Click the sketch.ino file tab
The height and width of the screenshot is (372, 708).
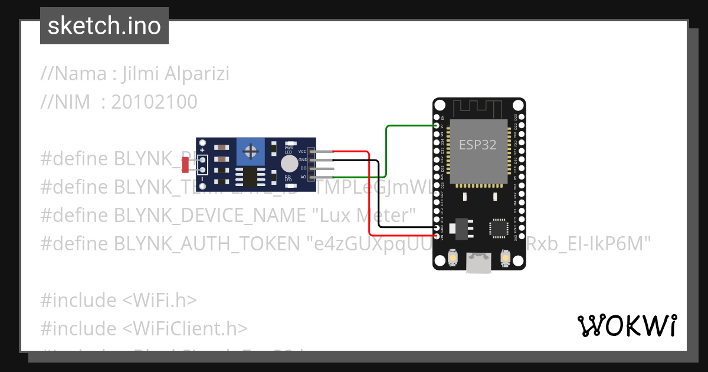pyautogui.click(x=104, y=26)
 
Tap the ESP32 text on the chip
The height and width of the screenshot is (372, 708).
pyautogui.click(x=477, y=145)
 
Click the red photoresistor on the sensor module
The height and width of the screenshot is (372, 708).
pyautogui.click(x=185, y=165)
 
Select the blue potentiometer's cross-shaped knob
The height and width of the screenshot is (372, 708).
pyautogui.click(x=251, y=152)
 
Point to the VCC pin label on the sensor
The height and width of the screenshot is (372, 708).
pyautogui.click(x=302, y=152)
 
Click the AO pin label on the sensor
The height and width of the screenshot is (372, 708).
pyautogui.click(x=303, y=177)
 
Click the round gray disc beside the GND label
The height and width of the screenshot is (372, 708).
pyautogui.click(x=289, y=164)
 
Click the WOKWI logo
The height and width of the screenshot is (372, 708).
pyautogui.click(x=627, y=325)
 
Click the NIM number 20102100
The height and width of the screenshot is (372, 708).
pyautogui.click(x=154, y=103)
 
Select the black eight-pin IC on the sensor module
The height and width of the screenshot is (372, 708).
pyautogui.click(x=250, y=177)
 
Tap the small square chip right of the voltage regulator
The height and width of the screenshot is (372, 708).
pyautogui.click(x=499, y=228)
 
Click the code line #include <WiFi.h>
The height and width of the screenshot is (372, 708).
pyautogui.click(x=118, y=301)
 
